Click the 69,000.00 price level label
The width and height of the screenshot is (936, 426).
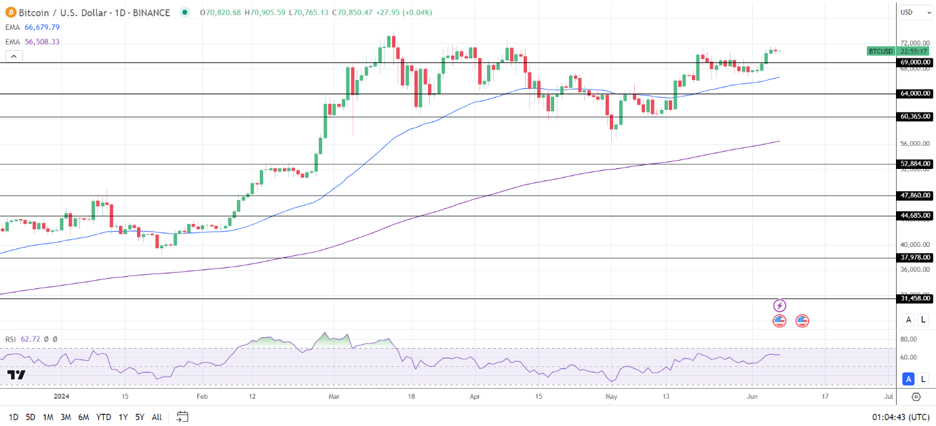915,62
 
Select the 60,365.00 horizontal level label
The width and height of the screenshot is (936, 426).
915,117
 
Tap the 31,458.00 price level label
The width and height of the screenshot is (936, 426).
915,298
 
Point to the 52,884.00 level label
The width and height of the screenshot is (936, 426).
915,163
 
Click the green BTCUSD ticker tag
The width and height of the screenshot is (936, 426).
880,51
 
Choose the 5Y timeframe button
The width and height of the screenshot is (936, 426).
139,417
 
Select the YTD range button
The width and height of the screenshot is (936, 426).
104,417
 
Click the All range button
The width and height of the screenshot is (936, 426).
157,417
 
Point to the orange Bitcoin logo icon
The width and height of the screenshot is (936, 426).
10,12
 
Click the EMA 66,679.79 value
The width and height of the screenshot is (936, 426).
42,27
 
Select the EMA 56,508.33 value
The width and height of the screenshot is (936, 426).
42,41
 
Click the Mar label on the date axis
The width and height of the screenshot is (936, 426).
334,395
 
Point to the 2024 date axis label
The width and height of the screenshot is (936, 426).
62,395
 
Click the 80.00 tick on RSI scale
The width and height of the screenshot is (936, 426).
908,339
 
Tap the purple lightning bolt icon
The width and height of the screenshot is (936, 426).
779,306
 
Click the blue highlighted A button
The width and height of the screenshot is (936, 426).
908,379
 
